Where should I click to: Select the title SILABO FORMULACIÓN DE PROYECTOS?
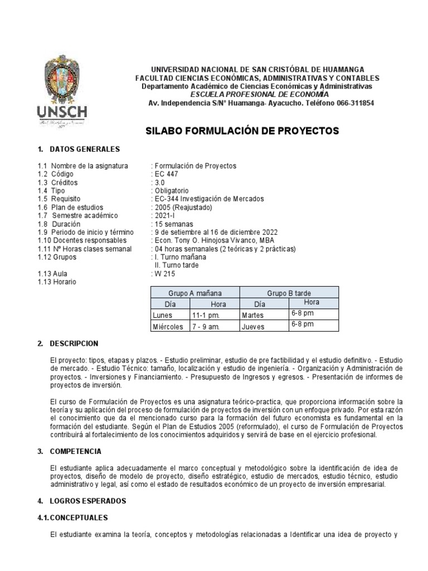click(x=242, y=131)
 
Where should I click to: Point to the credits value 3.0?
click(x=160, y=182)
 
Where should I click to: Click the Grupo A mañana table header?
click(x=195, y=293)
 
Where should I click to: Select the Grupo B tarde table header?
click(x=289, y=293)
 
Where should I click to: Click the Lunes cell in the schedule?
click(x=163, y=316)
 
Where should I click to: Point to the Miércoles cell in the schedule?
click(x=168, y=327)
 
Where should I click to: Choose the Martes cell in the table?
click(x=252, y=316)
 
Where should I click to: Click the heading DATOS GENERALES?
click(x=85, y=149)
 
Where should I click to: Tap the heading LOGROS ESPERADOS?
click(x=88, y=501)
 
